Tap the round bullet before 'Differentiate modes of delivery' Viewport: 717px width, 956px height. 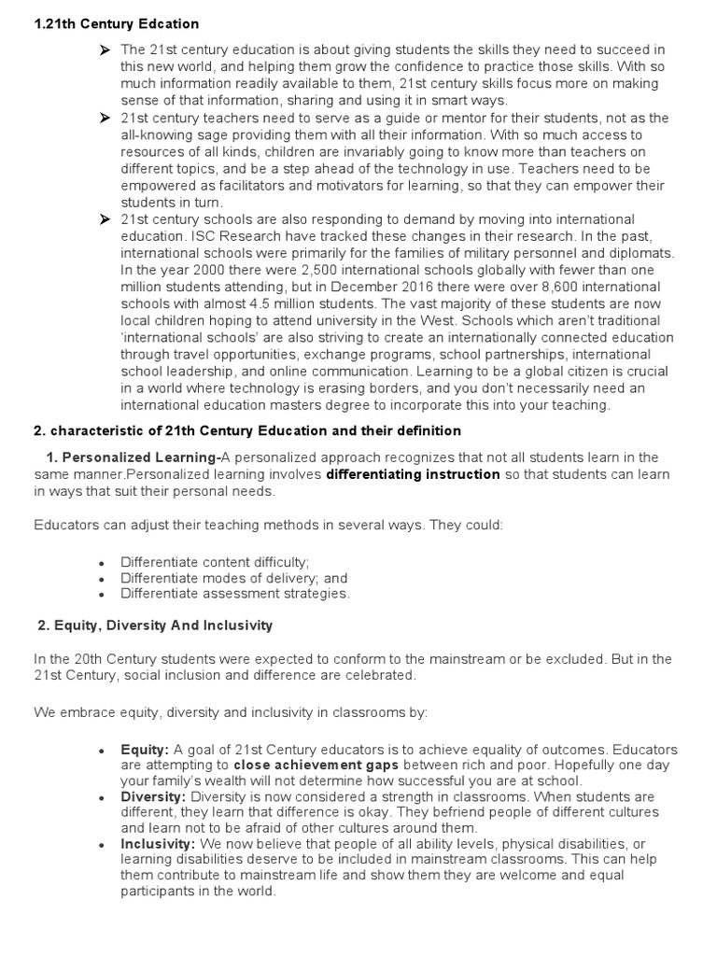pyautogui.click(x=101, y=579)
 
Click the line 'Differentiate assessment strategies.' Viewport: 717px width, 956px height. pyautogui.click(x=235, y=593)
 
